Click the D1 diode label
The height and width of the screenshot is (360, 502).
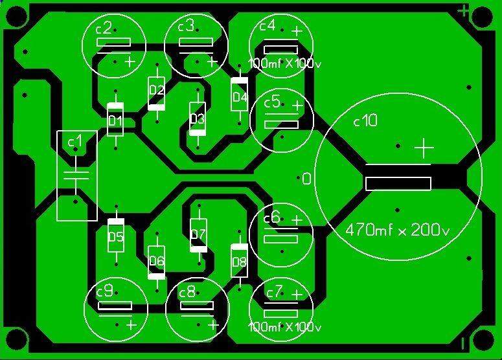[115, 121]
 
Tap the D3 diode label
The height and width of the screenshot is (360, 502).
[197, 119]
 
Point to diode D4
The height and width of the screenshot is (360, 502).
[240, 96]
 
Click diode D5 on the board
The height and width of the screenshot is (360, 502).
[115, 236]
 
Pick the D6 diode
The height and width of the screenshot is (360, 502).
[157, 262]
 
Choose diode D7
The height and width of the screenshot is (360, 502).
[198, 234]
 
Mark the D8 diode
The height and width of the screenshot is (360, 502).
[239, 262]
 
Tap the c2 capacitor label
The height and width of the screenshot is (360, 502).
[104, 27]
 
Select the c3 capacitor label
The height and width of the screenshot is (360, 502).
[185, 26]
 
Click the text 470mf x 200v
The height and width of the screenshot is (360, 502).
[398, 229]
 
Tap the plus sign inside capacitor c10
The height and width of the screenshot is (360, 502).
[424, 149]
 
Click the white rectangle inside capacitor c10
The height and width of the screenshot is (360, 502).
[398, 184]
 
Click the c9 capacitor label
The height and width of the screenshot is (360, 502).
[104, 291]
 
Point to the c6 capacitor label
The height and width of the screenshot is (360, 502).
[271, 218]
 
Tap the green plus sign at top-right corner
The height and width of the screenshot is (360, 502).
[464, 10]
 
